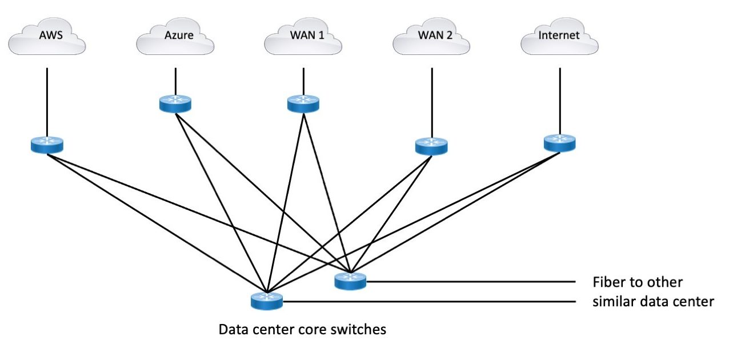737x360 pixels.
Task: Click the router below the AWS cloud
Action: (47, 145)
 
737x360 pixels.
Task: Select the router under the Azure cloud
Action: (175, 103)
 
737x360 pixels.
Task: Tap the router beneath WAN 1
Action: (303, 103)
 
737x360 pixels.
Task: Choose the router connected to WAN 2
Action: (431, 146)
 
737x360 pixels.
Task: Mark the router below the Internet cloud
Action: (559, 142)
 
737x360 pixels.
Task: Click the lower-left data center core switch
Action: (266, 301)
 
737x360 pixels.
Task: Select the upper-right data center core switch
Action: (350, 280)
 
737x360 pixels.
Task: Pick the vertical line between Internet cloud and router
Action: (559, 100)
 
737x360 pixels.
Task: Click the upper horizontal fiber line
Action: (468, 281)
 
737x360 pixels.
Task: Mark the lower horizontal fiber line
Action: (428, 301)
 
